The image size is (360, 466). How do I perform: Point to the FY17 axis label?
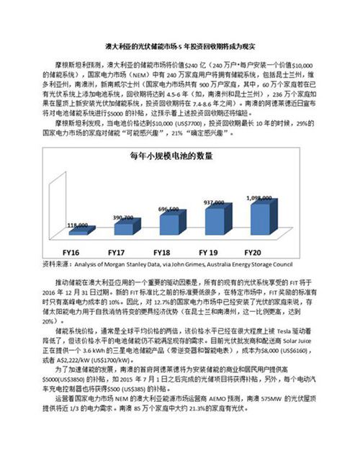117,252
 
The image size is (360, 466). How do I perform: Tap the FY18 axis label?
162,252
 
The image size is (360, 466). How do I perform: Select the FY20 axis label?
254,252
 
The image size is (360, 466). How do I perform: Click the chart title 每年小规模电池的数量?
171,156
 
